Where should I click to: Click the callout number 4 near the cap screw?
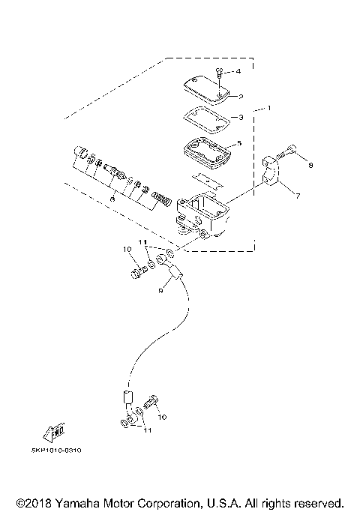tap(238, 71)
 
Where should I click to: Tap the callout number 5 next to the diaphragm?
tap(239, 142)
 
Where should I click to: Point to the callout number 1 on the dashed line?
tap(271, 110)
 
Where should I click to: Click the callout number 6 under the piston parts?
tap(112, 199)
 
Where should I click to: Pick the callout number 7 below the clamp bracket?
tap(298, 196)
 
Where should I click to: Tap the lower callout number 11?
tap(147, 431)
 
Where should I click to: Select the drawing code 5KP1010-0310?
tap(58, 451)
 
